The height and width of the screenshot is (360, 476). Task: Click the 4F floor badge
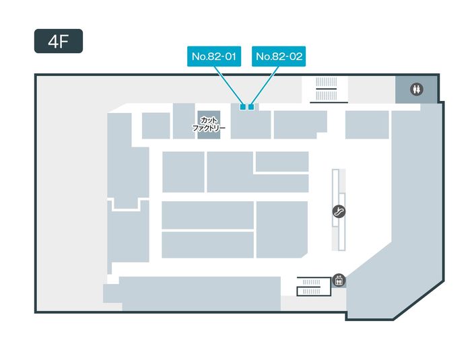click(x=59, y=41)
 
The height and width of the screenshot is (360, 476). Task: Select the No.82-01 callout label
click(x=213, y=57)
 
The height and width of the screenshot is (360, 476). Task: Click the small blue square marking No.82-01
click(x=243, y=106)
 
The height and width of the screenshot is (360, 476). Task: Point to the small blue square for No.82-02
click(x=251, y=106)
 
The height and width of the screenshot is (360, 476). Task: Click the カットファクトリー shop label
click(x=208, y=123)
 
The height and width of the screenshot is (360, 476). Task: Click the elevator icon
click(x=339, y=280)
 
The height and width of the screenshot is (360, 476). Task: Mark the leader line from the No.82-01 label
click(x=228, y=85)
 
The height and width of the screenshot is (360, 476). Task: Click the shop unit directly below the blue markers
click(x=250, y=125)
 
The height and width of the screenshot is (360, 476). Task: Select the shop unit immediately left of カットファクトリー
click(x=183, y=121)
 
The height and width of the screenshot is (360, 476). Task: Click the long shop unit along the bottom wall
click(x=200, y=293)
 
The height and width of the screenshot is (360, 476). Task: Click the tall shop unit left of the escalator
click(x=281, y=229)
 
